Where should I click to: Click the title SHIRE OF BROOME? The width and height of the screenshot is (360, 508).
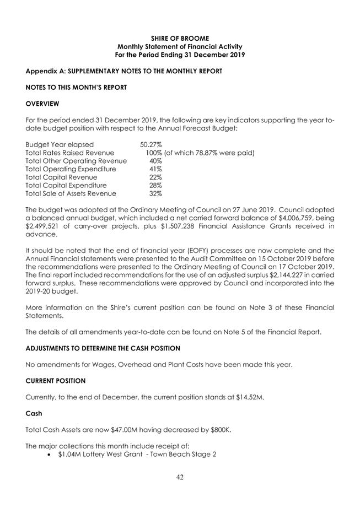tap(179, 38)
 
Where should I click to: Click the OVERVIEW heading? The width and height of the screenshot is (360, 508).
tap(43, 103)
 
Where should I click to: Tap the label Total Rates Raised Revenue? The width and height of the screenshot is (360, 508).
tap(70, 153)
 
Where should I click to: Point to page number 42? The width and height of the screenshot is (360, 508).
tap(180, 477)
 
